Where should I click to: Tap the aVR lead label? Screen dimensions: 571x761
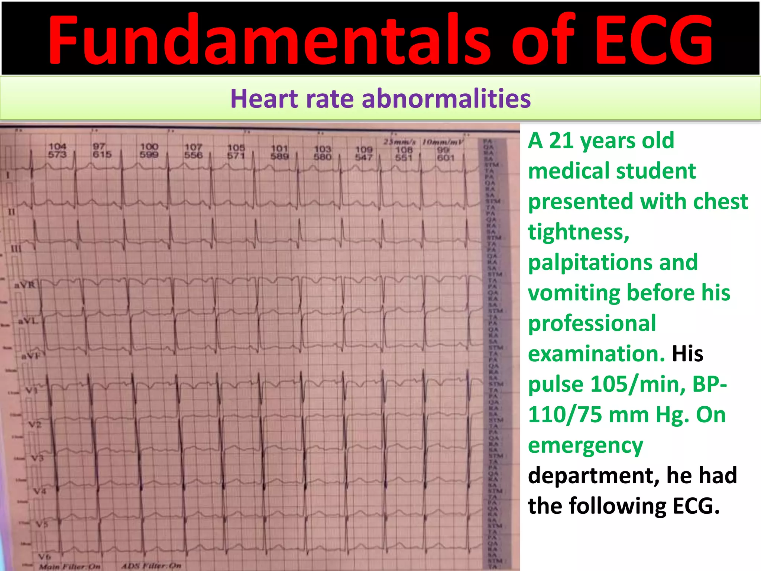pyautogui.click(x=25, y=285)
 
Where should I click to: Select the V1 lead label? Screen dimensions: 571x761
pyautogui.click(x=31, y=390)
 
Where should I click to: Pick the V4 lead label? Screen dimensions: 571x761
pyautogui.click(x=39, y=491)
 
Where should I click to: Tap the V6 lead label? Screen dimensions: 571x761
pyautogui.click(x=44, y=556)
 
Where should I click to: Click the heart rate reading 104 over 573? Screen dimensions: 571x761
pyautogui.click(x=57, y=150)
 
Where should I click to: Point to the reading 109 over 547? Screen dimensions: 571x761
pyautogui.click(x=363, y=153)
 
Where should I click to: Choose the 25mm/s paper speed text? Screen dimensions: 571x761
pyautogui.click(x=399, y=142)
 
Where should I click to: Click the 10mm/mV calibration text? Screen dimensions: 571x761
pyautogui.click(x=443, y=142)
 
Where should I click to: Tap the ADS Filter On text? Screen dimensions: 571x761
pyautogui.click(x=152, y=566)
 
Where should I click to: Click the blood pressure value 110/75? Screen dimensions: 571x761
pyautogui.click(x=565, y=414)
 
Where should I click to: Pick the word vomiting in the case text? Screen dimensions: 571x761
pyautogui.click(x=574, y=293)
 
